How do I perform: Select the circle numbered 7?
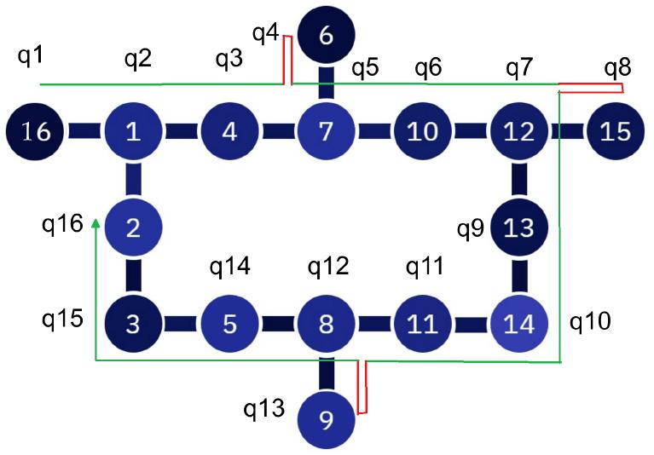pos(325,132)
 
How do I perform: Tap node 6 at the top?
pos(325,36)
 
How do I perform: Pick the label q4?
pos(265,34)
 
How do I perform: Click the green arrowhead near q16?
pos(95,223)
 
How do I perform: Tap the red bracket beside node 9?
pos(362,388)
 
